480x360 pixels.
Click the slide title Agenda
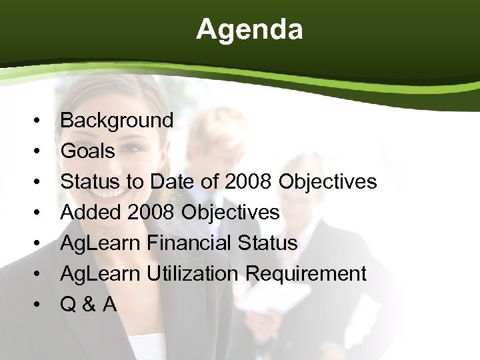249,29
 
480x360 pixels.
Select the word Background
117,121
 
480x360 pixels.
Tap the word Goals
87,151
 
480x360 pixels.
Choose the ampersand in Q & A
88,305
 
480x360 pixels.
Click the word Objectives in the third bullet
328,182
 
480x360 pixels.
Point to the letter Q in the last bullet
68,305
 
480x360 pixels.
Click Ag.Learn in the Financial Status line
99,243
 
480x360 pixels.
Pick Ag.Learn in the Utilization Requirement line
99,274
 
